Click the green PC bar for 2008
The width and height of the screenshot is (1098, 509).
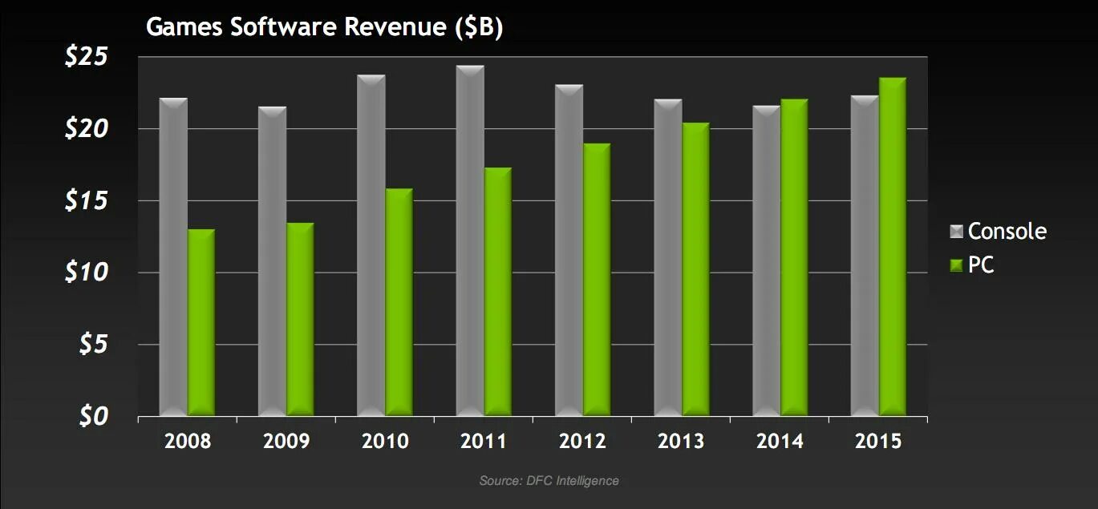coord(201,322)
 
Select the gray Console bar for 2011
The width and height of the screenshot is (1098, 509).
coord(470,240)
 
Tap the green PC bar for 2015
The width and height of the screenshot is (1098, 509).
coord(893,247)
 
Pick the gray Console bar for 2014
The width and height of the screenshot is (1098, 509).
coord(768,261)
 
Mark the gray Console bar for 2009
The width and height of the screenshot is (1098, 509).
coord(273,261)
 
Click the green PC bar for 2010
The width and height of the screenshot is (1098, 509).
coord(399,302)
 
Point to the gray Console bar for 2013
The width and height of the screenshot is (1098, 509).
coord(668,257)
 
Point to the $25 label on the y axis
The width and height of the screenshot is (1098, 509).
coord(88,58)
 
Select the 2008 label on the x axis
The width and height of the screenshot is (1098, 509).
coord(188,442)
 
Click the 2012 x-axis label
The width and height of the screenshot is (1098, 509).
coord(583,442)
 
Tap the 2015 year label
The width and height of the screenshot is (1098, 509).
coord(878,442)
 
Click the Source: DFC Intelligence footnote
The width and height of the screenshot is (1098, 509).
coord(549,481)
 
